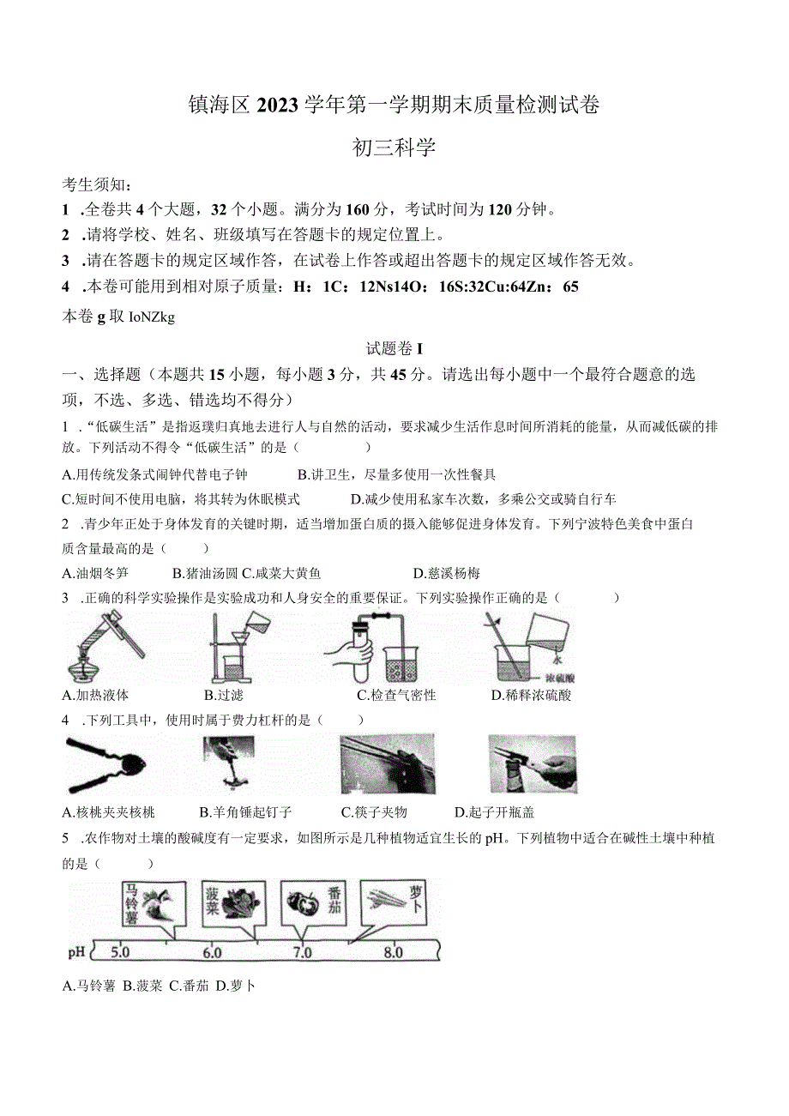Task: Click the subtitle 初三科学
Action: (394, 148)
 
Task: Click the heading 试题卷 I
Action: (394, 348)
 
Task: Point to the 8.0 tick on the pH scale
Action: (393, 952)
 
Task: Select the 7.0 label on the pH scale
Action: (302, 952)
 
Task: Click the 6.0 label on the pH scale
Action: (211, 952)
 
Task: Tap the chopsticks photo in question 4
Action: (387, 763)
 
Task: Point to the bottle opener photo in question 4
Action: (532, 763)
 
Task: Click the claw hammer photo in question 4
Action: (229, 763)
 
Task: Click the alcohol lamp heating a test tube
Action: (99, 651)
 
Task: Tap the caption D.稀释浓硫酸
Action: (531, 695)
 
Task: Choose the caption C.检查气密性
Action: (396, 695)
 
